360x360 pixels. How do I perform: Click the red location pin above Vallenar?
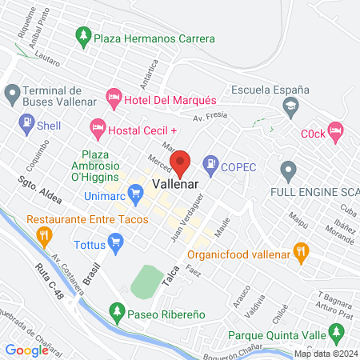pos(181,162)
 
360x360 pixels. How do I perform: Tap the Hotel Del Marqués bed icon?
pos(114,100)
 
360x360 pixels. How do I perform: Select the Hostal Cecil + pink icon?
pos(98,126)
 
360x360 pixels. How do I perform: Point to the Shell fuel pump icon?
pos(26,125)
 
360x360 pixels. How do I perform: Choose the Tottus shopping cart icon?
pos(115,240)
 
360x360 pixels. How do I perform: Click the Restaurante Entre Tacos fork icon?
pos(43,235)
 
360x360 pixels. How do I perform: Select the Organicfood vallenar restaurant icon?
pos(301,250)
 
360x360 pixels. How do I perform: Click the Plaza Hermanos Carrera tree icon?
pos(82,37)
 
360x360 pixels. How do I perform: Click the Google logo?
pos(26,350)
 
